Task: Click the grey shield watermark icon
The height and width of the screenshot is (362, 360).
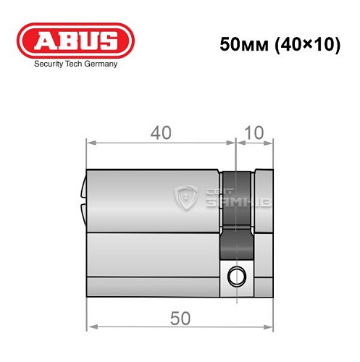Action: [188, 197]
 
